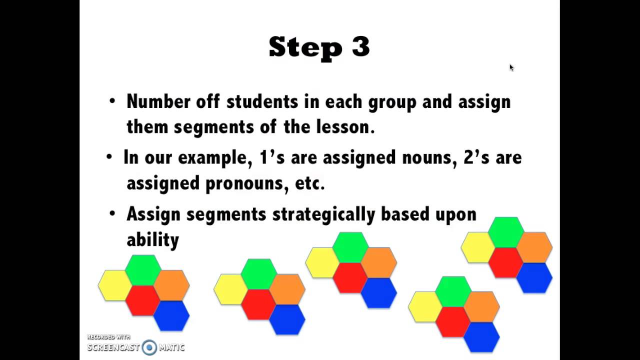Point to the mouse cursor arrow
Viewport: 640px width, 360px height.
point(511,67)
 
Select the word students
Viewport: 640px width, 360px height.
point(262,101)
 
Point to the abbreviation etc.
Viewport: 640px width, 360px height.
point(310,183)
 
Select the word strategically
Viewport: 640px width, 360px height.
point(324,214)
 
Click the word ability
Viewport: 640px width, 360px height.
point(152,239)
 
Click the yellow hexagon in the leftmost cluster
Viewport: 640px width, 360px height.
point(114,285)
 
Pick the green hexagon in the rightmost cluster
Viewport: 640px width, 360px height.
point(505,232)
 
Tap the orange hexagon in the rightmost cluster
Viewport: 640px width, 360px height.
point(534,247)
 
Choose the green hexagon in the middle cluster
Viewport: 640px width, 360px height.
point(350,247)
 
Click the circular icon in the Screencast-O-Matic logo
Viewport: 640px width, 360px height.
point(149,347)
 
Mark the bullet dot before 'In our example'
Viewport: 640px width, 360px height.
point(109,157)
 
